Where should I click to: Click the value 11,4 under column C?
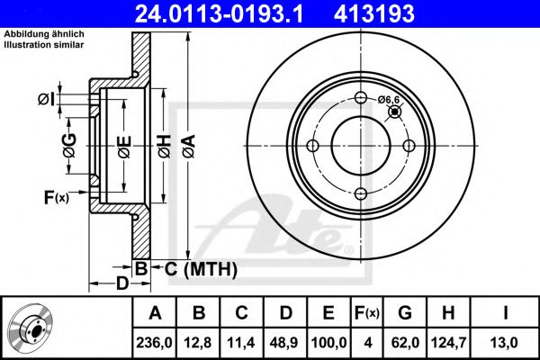(x=242, y=342)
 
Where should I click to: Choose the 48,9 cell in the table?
(x=284, y=342)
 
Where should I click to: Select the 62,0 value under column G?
(x=405, y=342)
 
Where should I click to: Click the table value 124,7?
(x=449, y=342)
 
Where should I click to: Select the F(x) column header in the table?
(x=366, y=313)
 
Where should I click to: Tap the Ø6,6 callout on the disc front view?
(x=389, y=99)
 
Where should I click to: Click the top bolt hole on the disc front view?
(x=360, y=99)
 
